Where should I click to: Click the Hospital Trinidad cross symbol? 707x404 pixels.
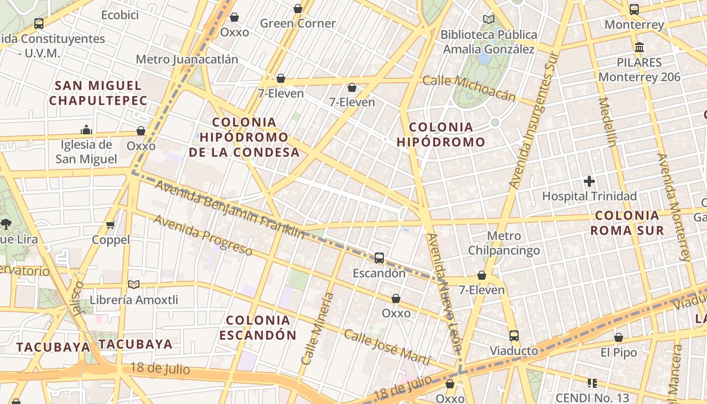(x=589, y=181)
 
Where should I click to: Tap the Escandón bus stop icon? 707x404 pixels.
(x=379, y=258)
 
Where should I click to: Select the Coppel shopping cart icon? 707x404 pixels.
(x=111, y=225)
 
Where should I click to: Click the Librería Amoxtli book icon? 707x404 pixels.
(x=133, y=285)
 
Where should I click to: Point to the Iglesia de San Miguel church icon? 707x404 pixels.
(x=86, y=130)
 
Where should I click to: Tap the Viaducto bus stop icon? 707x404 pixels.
(x=514, y=336)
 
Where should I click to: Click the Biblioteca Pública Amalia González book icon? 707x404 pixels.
(x=488, y=20)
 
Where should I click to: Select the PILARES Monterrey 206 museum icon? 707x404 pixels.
(x=639, y=47)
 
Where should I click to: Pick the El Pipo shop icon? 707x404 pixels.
(x=618, y=337)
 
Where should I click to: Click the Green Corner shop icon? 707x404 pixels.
(x=298, y=9)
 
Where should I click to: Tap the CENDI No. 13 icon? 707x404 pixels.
(x=592, y=383)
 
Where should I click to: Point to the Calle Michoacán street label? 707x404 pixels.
(x=469, y=88)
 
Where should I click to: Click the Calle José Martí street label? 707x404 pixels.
(x=387, y=347)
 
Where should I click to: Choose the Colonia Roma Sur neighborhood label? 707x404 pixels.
(x=627, y=223)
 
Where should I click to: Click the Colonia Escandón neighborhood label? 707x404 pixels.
(x=258, y=327)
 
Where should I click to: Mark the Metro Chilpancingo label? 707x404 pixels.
(x=503, y=243)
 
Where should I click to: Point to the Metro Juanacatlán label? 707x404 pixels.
(x=187, y=59)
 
